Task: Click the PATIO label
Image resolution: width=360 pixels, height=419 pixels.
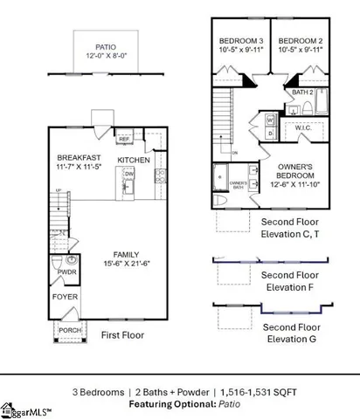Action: pyautogui.click(x=101, y=49)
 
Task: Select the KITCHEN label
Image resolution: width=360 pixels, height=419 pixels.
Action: pyautogui.click(x=134, y=161)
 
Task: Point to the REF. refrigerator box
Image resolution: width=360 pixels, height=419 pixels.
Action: pyautogui.click(x=124, y=138)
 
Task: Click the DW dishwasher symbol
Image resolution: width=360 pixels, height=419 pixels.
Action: pyautogui.click(x=128, y=174)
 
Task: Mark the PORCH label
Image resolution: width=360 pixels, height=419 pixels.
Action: pyautogui.click(x=66, y=332)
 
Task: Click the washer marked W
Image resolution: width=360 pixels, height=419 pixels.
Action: pyautogui.click(x=269, y=119)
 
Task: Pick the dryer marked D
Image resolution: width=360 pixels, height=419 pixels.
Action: pyautogui.click(x=269, y=134)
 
